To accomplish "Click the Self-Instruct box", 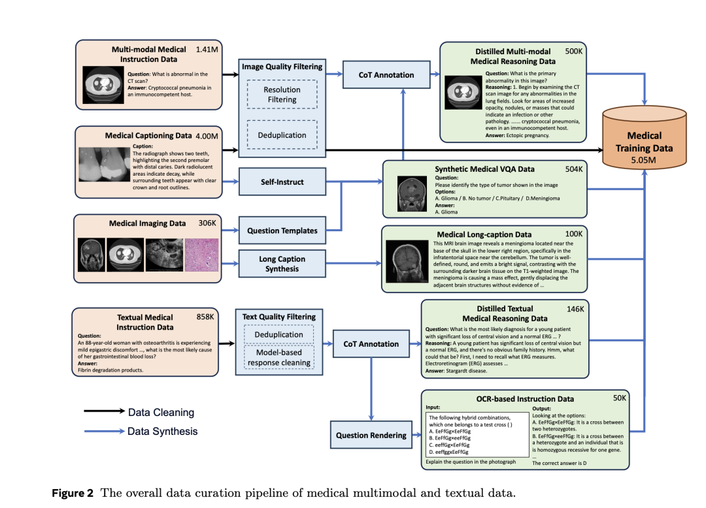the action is click(x=282, y=182).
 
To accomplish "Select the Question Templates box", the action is click(x=282, y=230).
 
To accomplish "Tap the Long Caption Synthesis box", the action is click(x=282, y=264).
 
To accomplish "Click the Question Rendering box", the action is click(x=371, y=435).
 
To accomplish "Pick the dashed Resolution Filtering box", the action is click(x=282, y=95).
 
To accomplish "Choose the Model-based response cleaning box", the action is click(x=278, y=357).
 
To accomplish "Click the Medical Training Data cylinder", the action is click(x=645, y=138).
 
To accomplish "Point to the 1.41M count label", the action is click(x=207, y=50).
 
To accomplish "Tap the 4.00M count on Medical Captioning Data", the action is click(x=207, y=136).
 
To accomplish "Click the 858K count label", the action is click(x=205, y=317).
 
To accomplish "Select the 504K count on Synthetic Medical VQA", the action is click(x=574, y=169).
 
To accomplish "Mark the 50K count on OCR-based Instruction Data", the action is click(x=620, y=398).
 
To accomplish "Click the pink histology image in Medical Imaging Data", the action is click(x=202, y=255).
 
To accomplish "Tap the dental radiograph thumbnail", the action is click(x=104, y=164).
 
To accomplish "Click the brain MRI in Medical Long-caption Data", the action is click(x=407, y=261).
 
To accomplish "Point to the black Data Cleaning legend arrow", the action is click(x=105, y=411).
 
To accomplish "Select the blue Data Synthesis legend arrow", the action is click(x=105, y=431).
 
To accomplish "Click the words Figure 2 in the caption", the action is click(x=73, y=493).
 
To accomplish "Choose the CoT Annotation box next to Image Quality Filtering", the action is click(x=386, y=74).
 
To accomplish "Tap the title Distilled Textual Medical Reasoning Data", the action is click(x=505, y=313).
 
